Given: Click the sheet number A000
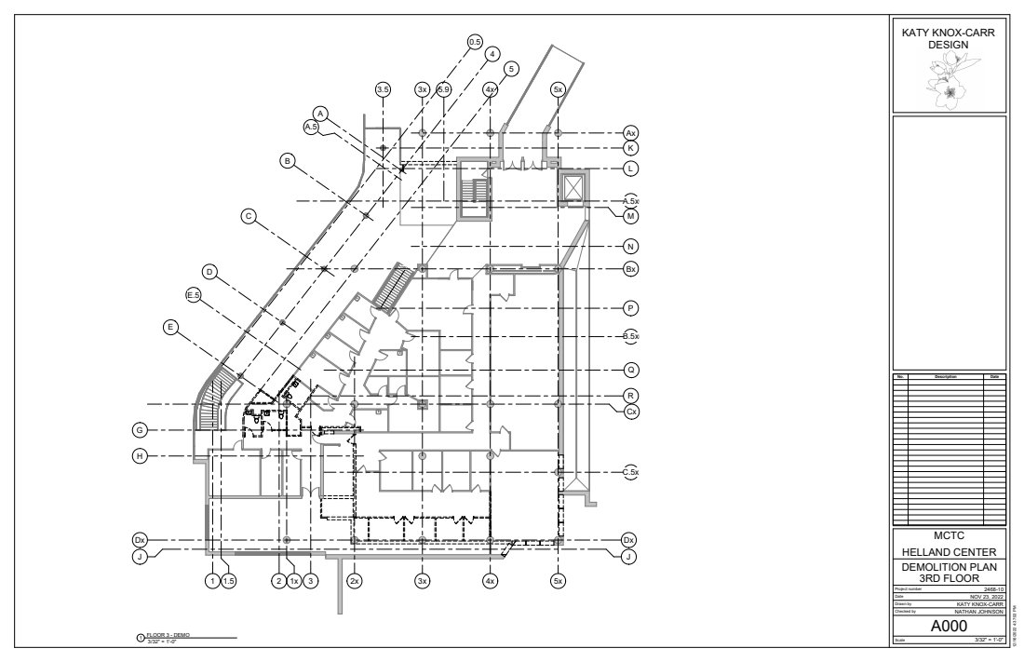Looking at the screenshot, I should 949,627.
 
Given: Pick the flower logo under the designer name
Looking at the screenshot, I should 949,78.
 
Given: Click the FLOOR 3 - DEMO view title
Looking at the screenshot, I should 169,634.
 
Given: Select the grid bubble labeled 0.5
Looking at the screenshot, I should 475,42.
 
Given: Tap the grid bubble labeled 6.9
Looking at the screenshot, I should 444,89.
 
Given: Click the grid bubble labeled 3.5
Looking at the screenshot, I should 383,89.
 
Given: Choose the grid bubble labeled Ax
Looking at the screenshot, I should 630,133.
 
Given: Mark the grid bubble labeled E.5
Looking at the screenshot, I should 195,295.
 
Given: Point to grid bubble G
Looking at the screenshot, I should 139,430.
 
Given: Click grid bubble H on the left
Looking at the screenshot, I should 139,456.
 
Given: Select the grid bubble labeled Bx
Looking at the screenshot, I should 630,269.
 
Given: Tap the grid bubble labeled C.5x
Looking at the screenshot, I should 630,473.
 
